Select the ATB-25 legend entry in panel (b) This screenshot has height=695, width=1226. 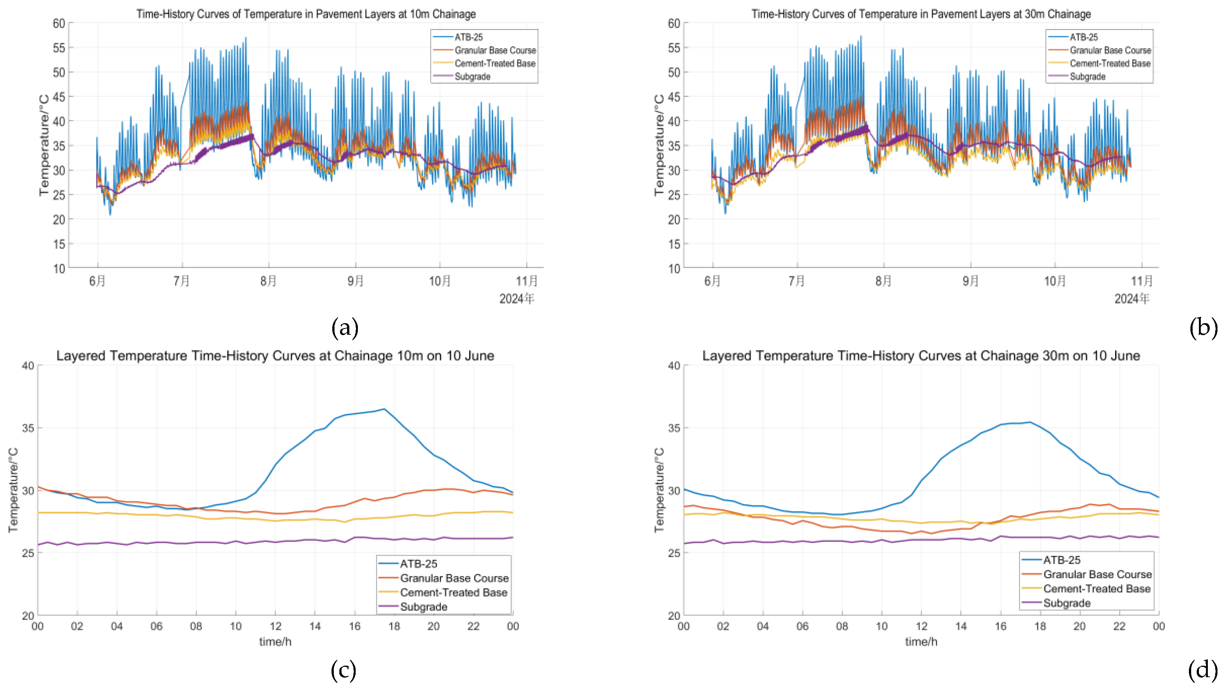[x=1083, y=37]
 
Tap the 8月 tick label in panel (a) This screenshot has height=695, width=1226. [x=268, y=281]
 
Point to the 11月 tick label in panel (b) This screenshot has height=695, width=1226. [x=1141, y=281]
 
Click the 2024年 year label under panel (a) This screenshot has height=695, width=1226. [x=517, y=299]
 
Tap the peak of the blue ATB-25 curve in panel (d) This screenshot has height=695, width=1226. [x=1030, y=422]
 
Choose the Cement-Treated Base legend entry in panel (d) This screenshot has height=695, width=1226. [x=1096, y=589]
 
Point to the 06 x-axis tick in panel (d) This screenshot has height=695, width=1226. [x=802, y=626]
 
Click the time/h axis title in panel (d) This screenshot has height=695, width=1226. [x=921, y=642]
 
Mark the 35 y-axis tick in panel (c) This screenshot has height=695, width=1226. [x=28, y=428]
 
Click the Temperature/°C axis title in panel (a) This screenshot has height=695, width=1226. [x=44, y=145]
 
